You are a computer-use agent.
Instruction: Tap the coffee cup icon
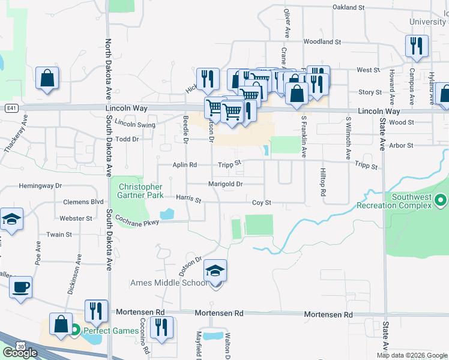(21, 287)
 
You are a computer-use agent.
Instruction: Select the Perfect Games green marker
(76, 330)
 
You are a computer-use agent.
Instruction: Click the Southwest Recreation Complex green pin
(441, 199)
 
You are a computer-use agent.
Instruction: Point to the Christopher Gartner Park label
(141, 191)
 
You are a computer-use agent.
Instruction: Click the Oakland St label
(349, 7)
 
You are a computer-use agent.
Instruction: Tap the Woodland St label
(322, 42)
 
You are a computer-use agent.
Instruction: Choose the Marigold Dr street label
(225, 184)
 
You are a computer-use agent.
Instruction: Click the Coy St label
(262, 203)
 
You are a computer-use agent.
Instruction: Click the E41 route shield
(11, 109)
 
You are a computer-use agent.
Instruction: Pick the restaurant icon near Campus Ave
(415, 46)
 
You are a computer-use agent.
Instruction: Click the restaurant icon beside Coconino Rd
(161, 327)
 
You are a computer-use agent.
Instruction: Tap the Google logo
(20, 353)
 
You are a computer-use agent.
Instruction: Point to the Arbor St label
(402, 146)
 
